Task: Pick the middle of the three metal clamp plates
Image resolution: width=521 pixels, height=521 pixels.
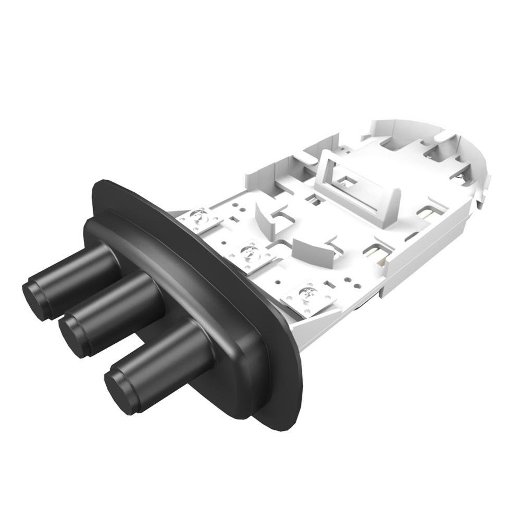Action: (x=249, y=254)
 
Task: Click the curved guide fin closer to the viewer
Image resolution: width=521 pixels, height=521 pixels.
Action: (x=313, y=250)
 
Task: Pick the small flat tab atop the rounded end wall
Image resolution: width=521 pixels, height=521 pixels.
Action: (x=443, y=137)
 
